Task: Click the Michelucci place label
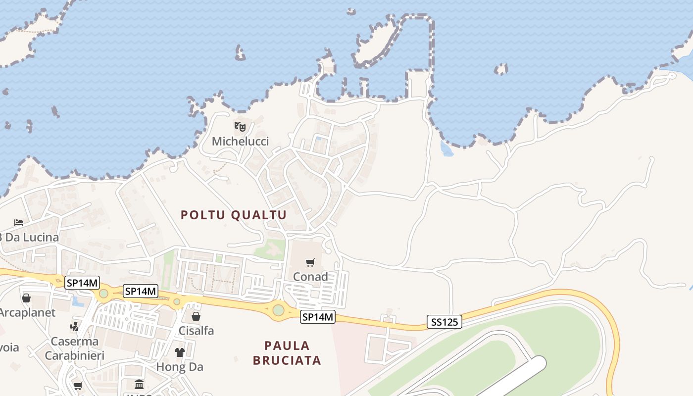(x=240, y=142)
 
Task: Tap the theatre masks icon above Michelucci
(x=240, y=126)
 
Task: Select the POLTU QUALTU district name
(x=234, y=215)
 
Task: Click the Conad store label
(x=310, y=277)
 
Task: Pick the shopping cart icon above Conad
(x=310, y=262)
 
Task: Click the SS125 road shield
(x=444, y=322)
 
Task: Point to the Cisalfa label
(x=196, y=331)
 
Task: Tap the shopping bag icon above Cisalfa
(x=196, y=316)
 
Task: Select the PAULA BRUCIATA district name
(x=287, y=353)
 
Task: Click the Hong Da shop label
(x=180, y=367)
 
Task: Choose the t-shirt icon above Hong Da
(x=179, y=352)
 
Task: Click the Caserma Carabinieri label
(x=75, y=348)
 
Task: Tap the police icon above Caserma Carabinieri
(x=75, y=326)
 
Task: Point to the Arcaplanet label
(x=28, y=313)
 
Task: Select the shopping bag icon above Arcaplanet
(x=26, y=298)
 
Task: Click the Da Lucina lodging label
(x=30, y=238)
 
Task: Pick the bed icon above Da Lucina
(x=19, y=222)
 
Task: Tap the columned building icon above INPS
(x=139, y=384)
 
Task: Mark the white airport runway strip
(x=515, y=376)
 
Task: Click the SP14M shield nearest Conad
(x=318, y=317)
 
